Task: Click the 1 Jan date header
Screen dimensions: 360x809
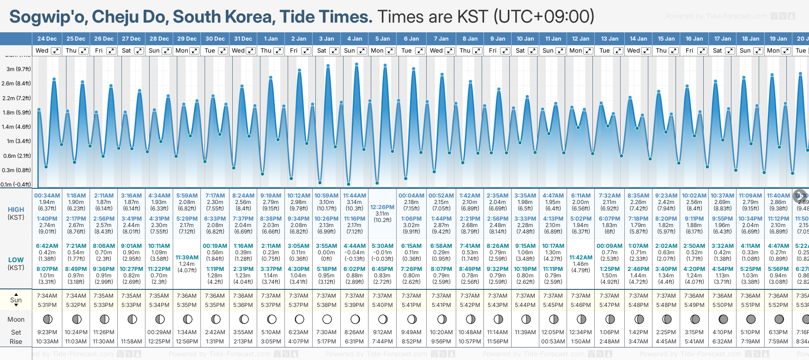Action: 271,39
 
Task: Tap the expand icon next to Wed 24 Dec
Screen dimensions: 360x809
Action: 55,51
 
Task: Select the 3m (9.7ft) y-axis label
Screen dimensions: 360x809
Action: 18,69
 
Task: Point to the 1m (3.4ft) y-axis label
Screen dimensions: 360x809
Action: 18,141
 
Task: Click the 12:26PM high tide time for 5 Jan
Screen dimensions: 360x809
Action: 382,207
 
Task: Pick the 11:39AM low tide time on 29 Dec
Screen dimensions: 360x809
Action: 187,258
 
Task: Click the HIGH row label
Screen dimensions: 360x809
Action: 16,210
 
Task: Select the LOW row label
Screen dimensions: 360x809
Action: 16,260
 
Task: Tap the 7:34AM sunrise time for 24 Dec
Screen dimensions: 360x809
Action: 47,296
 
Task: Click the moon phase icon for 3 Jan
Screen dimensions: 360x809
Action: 327,319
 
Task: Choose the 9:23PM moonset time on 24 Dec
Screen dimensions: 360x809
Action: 47,332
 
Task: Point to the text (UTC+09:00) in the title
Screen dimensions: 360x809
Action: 543,17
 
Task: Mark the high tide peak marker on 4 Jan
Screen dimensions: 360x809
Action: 356,64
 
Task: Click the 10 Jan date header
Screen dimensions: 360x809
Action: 525,39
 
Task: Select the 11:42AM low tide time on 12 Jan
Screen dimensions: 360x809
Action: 581,258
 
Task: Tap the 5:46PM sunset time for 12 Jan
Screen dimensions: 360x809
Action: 581,305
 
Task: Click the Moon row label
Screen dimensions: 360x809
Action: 16,319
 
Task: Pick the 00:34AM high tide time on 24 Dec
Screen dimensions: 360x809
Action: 47,196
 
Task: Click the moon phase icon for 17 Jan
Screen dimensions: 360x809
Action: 723,319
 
